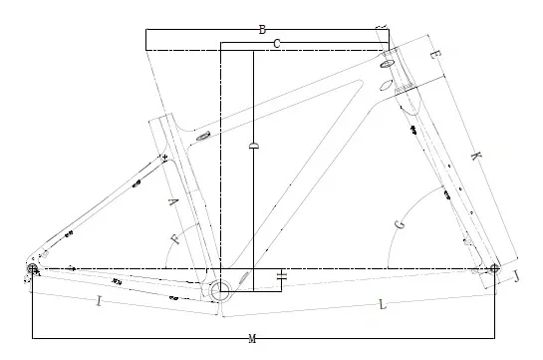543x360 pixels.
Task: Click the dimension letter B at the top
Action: (x=262, y=30)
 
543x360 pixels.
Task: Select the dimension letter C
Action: (x=276, y=44)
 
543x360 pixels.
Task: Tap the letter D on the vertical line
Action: (x=254, y=146)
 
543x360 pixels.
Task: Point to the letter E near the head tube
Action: (x=435, y=55)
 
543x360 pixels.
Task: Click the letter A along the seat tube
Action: (x=173, y=201)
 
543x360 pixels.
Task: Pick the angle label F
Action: (x=175, y=238)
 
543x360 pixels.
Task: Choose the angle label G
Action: (x=400, y=224)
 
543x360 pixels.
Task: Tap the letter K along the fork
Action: (x=476, y=156)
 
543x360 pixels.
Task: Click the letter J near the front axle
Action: (x=516, y=276)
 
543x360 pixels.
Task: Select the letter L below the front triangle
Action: (x=382, y=305)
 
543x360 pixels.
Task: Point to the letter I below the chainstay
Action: (x=99, y=301)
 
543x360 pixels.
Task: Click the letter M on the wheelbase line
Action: (x=252, y=339)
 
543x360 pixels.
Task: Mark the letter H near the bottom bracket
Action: (x=283, y=276)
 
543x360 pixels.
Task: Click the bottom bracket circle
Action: (x=220, y=291)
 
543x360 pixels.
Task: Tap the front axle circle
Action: (x=494, y=268)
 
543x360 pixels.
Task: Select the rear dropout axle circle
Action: (x=32, y=268)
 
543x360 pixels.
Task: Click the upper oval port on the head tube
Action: (x=387, y=64)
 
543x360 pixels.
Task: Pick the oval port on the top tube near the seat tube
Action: (x=203, y=137)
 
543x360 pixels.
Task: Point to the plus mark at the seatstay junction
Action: (x=164, y=157)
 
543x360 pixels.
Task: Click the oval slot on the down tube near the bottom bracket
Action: (x=244, y=278)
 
